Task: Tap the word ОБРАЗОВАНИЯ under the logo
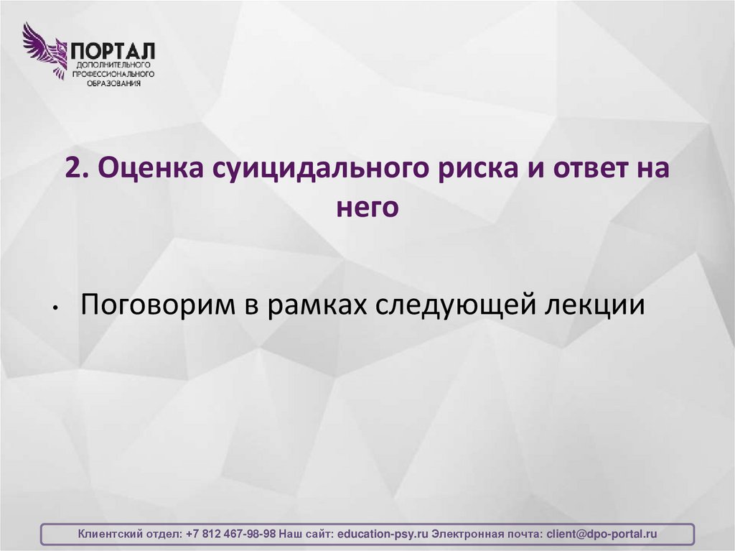(x=111, y=83)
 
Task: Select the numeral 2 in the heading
(x=74, y=170)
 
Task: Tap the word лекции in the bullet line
(x=600, y=305)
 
